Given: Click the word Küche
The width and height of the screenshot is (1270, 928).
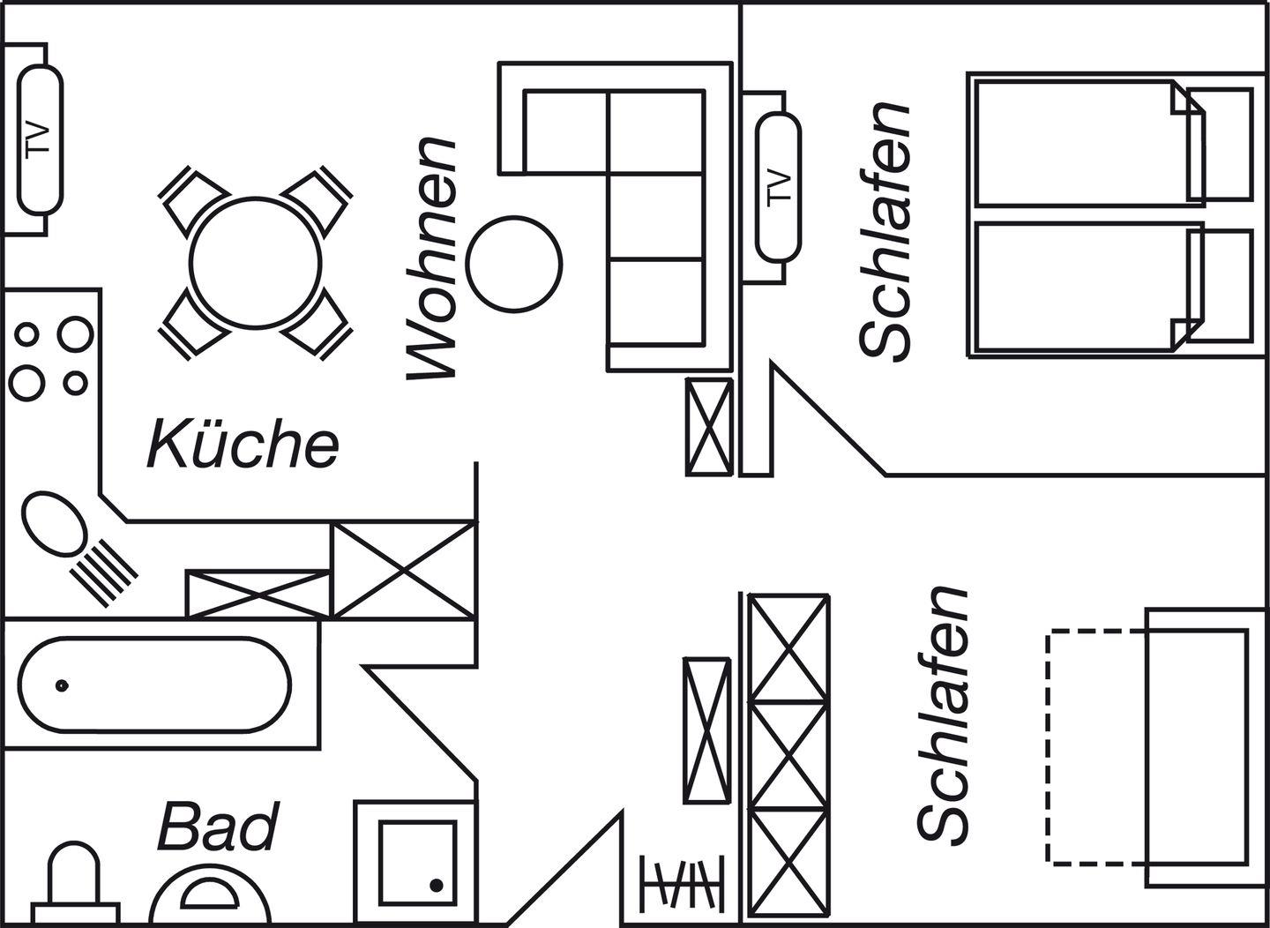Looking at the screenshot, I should pos(243,444).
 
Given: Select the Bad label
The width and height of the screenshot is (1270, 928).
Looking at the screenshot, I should pos(217,827).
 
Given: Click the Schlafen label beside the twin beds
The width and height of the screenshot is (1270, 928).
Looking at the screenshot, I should pos(885,231).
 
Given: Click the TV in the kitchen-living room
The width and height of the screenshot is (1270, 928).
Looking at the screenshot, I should pos(41,138).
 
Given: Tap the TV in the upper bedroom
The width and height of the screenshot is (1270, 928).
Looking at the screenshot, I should pos(778,186).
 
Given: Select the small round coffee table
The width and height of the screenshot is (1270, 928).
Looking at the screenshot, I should pos(514,264).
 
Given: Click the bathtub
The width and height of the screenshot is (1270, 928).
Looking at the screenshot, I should pos(155,685).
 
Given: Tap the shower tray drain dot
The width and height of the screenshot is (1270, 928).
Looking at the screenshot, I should pos(436,884).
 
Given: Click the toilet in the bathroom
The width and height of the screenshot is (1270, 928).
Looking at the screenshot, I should pos(74,882).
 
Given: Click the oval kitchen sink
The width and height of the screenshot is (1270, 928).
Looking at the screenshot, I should pos(53,524).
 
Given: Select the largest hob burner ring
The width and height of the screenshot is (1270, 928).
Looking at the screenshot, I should pos(74,334).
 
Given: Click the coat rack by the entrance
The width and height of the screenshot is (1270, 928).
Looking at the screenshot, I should pos(683,881).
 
